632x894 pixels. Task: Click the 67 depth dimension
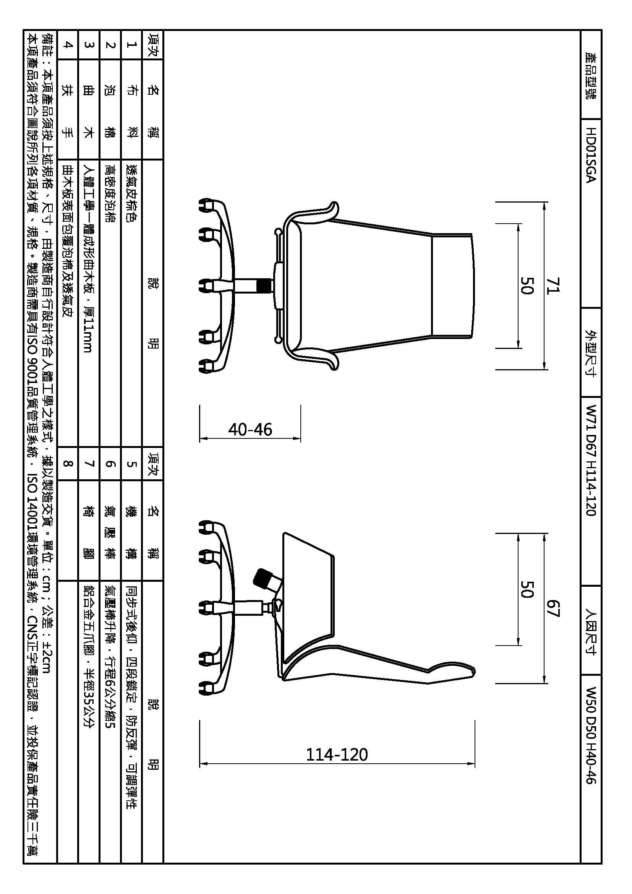pos(553,608)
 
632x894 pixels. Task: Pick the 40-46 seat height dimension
pos(250,430)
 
